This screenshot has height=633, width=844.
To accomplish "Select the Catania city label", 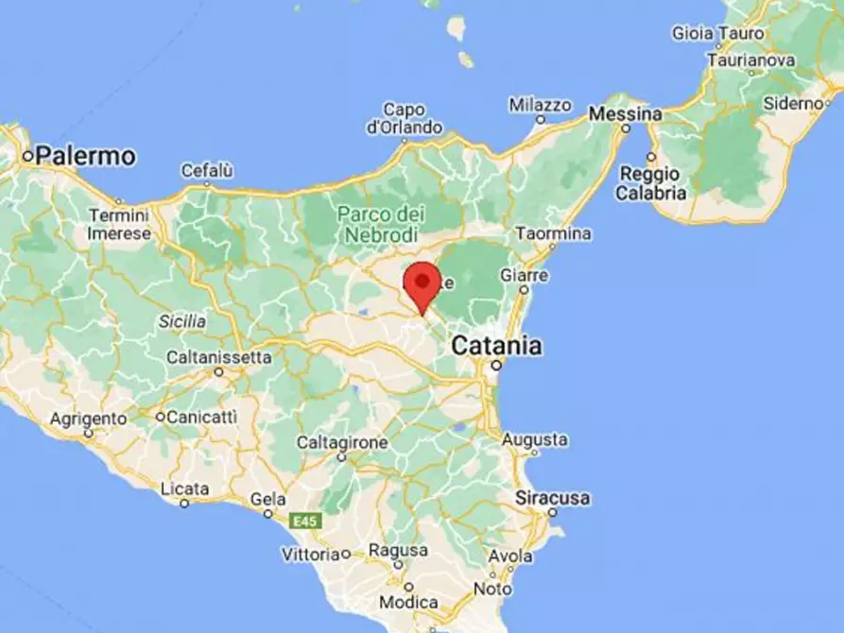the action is (x=496, y=346).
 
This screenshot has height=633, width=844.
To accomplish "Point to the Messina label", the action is (x=625, y=113).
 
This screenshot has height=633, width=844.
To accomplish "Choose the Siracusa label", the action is (x=553, y=497).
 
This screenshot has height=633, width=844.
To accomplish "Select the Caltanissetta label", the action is (x=218, y=357).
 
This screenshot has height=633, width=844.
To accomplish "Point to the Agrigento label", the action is (x=88, y=418).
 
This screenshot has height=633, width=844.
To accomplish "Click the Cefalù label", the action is (x=207, y=171).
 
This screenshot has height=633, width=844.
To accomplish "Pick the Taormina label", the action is (x=554, y=232).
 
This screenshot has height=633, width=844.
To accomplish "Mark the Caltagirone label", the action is (x=342, y=442).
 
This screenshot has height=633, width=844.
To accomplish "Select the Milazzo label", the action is (x=540, y=104).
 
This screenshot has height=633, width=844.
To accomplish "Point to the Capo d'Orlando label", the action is (x=405, y=118).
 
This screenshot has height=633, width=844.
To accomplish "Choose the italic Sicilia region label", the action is (x=182, y=321).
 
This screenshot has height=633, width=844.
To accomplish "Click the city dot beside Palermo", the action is (x=28, y=156).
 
